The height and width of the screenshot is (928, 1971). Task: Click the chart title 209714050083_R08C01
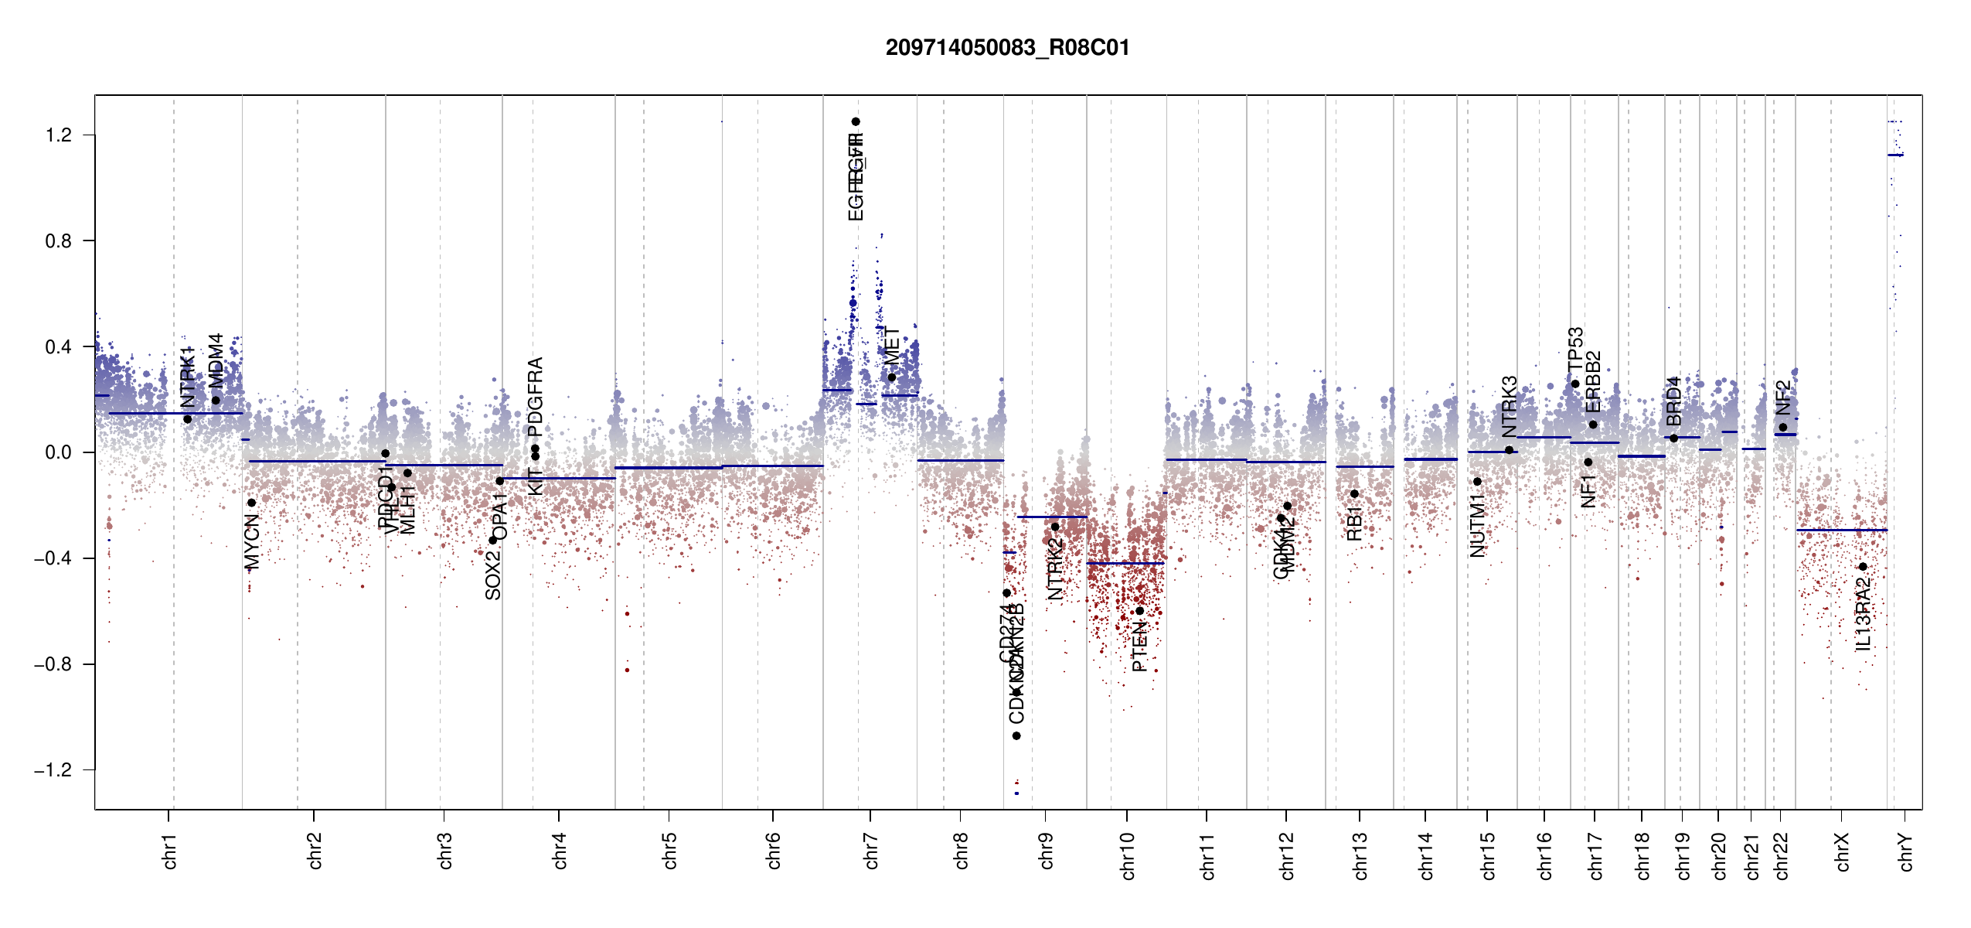click(x=1007, y=48)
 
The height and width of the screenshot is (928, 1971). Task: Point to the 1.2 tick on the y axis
click(x=59, y=135)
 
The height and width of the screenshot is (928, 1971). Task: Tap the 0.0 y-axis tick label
click(x=59, y=452)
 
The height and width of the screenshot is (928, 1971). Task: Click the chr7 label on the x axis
click(x=871, y=851)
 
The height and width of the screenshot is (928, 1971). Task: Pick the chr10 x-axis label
click(x=1127, y=855)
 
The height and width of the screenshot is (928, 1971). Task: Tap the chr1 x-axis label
click(x=169, y=851)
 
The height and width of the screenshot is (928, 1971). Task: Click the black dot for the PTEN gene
click(x=1139, y=611)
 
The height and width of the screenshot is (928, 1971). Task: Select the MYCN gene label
click(x=251, y=541)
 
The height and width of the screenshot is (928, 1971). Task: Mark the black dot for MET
click(x=891, y=377)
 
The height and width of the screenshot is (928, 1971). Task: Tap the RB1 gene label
click(x=1353, y=524)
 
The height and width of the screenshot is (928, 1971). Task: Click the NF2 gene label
click(x=1782, y=397)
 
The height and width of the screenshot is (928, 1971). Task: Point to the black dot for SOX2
click(x=492, y=540)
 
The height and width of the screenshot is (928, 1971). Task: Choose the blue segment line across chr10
click(x=1125, y=563)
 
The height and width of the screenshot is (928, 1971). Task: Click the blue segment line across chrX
click(x=1841, y=530)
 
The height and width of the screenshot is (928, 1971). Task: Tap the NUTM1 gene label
click(x=1477, y=527)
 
